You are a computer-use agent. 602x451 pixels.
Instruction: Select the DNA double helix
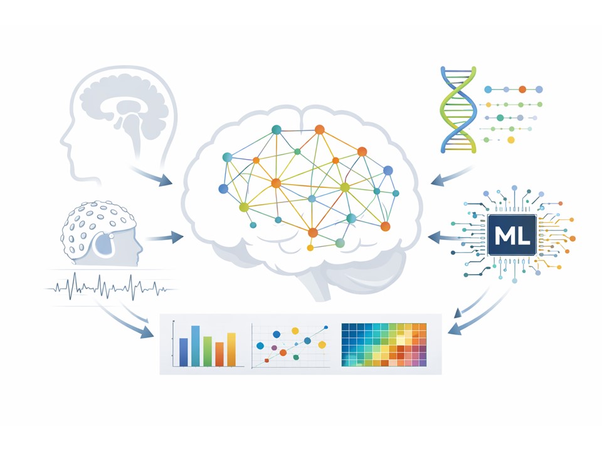461,109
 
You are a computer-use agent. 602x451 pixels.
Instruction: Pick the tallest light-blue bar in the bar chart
196,346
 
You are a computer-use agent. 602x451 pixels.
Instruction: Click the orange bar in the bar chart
219,354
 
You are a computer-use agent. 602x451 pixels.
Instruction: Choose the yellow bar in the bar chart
231,349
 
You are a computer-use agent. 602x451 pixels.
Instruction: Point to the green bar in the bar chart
208,351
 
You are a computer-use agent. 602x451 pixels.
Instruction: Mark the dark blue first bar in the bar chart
183,352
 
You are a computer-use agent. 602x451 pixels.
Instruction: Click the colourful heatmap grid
384,345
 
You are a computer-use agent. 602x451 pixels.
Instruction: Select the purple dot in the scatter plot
274,347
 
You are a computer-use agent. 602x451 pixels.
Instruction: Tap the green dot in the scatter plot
295,357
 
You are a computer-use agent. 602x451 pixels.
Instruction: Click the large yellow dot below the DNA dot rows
510,140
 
